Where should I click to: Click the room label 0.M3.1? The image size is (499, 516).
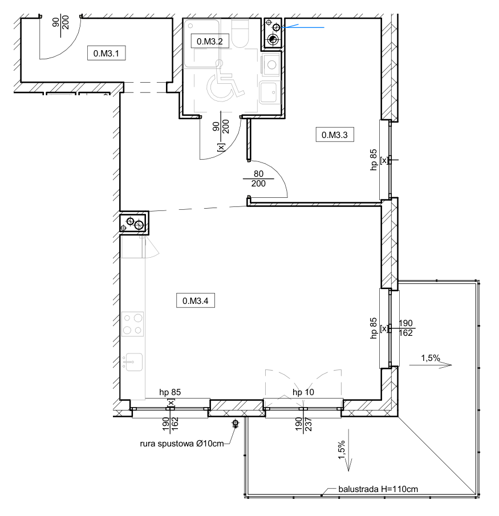pos(106,54)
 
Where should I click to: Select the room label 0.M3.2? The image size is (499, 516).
pos(210,42)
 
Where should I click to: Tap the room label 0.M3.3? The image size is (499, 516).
pos(335,135)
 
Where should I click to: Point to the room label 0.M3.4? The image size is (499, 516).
pos(196,301)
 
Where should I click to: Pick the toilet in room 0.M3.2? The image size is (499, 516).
pos(240,33)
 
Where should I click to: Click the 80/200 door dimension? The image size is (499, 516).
pos(258,178)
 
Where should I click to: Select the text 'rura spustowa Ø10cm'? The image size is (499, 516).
pos(182,444)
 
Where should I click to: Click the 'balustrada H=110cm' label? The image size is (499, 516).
pos(378,489)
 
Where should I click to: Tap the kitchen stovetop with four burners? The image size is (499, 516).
pos(133,324)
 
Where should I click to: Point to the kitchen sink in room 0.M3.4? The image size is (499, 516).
pos(133,362)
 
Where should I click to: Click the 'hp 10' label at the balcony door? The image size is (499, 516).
pos(303,392)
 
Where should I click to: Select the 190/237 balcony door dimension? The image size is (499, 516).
pos(303,424)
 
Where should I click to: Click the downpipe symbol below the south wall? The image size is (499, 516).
pos(236,423)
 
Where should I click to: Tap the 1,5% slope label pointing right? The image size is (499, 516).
pos(431,357)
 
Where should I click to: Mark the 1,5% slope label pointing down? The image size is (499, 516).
pos(342,449)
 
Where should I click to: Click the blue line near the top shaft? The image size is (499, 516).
pos(303,27)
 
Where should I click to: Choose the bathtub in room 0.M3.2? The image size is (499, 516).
pos(201,43)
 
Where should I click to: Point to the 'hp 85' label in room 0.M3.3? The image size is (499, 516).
pos(374,160)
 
